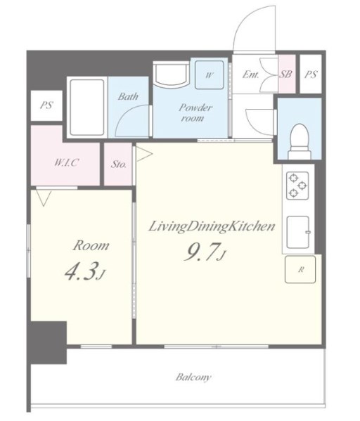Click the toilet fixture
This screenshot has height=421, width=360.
(300, 141)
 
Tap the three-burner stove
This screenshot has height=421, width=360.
(297, 186)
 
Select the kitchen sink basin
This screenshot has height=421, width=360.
(298, 232)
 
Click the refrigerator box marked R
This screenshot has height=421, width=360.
(300, 269)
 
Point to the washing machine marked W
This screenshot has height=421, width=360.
(209, 75)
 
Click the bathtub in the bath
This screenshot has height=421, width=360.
(86, 108)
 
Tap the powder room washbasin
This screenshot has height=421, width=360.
(171, 75)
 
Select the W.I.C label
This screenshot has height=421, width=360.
(66, 162)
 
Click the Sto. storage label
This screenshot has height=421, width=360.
(119, 164)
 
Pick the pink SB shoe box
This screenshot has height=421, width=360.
(287, 74)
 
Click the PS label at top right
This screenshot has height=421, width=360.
(311, 74)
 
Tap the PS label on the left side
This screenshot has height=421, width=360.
(46, 105)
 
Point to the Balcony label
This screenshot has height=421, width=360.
(193, 377)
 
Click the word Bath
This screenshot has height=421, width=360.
(128, 96)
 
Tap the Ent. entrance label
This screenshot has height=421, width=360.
(250, 75)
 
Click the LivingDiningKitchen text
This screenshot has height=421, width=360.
(212, 226)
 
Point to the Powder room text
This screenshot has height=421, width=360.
(195, 112)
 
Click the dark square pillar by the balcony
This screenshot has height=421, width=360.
(49, 342)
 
